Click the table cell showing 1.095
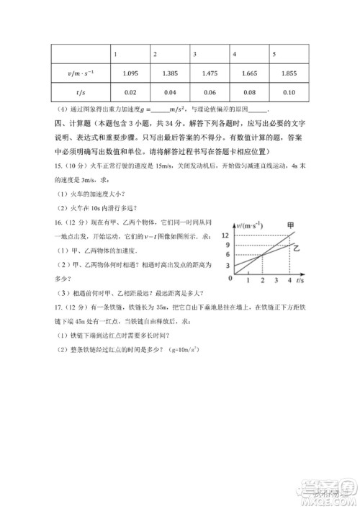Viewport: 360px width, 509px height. [130, 73]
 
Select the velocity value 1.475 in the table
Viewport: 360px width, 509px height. [210, 73]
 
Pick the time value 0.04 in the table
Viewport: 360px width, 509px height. [170, 92]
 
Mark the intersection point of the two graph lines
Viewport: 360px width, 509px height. [262, 254]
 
